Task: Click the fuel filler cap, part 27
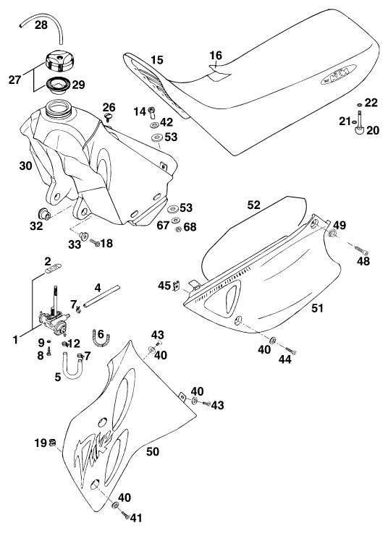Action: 59,61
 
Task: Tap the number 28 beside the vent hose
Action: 41,25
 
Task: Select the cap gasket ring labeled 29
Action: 57,85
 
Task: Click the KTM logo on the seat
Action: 339,74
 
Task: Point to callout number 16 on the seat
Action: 216,55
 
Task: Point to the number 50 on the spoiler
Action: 153,451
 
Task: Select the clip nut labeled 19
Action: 52,443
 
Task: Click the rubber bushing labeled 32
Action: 44,214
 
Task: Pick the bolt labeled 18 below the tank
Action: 95,242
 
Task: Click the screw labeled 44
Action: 290,350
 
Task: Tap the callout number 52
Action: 254,205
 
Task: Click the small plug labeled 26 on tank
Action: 109,117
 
